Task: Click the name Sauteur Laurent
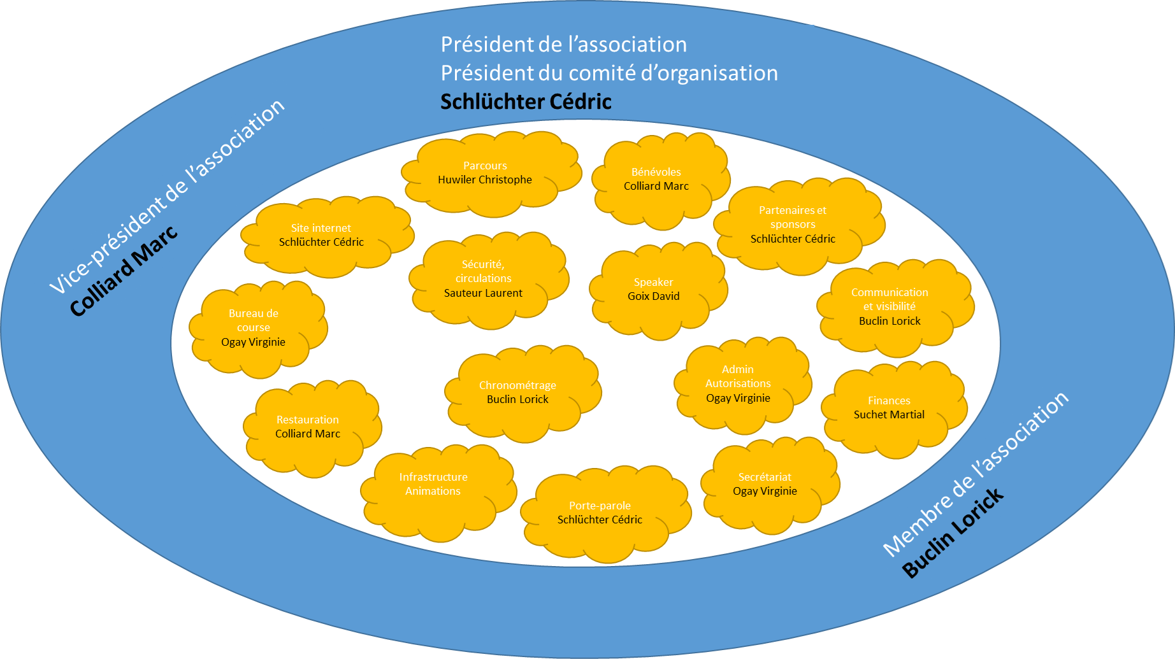[483, 293]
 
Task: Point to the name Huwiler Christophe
[485, 180]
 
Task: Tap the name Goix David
[654, 296]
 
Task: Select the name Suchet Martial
[889, 415]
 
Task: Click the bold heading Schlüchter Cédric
[526, 101]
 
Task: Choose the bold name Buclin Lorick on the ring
[954, 534]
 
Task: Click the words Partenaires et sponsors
[793, 217]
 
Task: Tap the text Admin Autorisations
[738, 376]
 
